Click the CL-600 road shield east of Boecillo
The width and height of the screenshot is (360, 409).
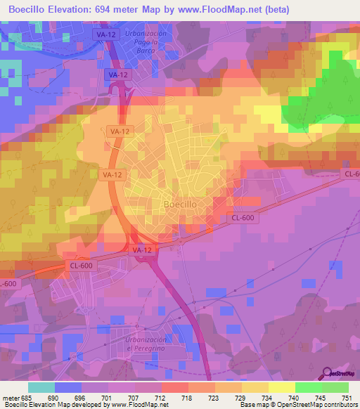pyautogui.click(x=243, y=218)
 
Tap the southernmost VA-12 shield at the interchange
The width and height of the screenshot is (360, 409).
pyautogui.click(x=141, y=249)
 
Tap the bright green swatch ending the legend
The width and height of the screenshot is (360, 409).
pyautogui.click(x=335, y=387)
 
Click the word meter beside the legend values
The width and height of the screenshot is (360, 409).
pyautogui.click(x=11, y=396)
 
